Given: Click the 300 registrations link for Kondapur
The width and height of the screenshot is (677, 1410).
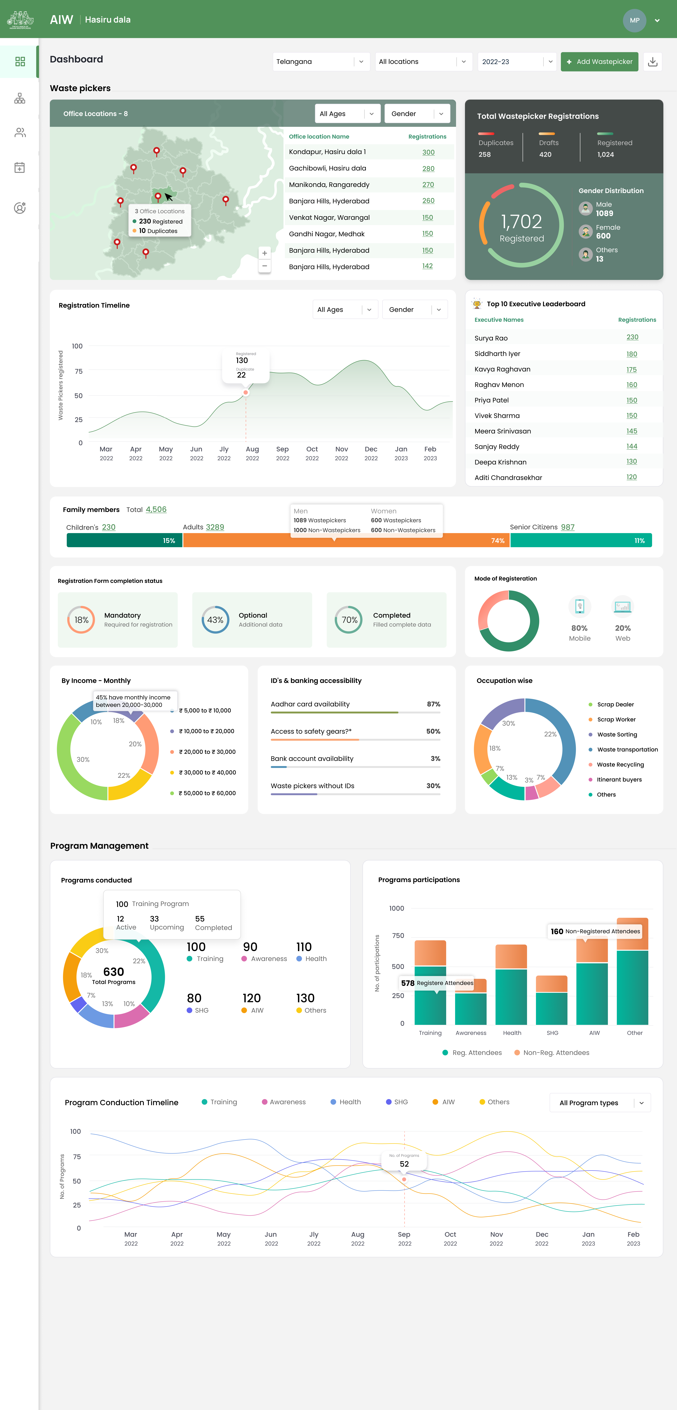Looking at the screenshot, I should (x=428, y=152).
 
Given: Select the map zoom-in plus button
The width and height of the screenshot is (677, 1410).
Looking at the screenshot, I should (x=265, y=253).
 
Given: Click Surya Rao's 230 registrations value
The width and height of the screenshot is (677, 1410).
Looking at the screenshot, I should (x=632, y=337).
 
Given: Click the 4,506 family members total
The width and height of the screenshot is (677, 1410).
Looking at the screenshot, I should (x=156, y=510).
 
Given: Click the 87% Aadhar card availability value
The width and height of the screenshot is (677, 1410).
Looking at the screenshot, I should (x=433, y=704).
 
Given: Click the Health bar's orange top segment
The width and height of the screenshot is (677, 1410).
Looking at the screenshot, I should (x=511, y=956).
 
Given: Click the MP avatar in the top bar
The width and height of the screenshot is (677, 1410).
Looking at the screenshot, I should (x=634, y=20).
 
